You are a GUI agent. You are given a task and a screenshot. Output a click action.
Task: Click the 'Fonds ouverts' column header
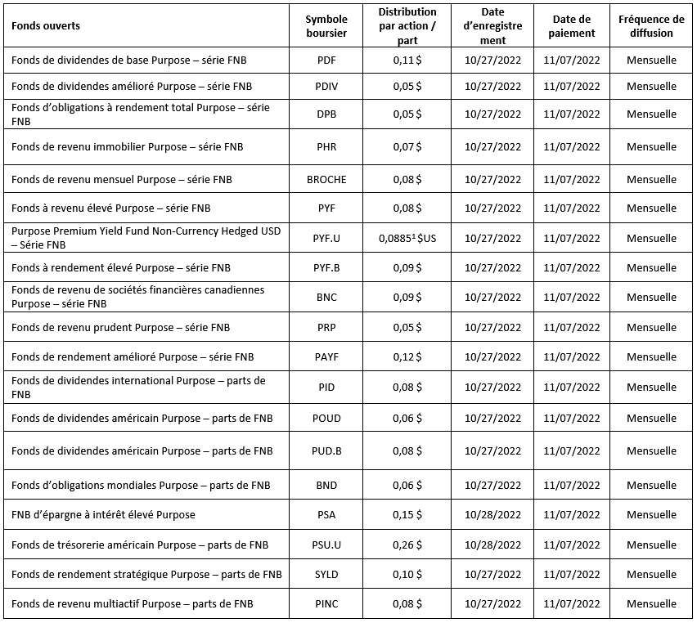pos(46,26)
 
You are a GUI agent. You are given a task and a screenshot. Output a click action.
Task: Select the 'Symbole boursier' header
pos(326,26)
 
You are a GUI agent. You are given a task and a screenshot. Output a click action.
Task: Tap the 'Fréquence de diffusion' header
pos(652,26)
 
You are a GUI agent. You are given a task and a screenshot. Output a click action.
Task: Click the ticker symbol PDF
pos(326,60)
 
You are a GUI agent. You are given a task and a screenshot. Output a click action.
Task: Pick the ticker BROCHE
pos(326,179)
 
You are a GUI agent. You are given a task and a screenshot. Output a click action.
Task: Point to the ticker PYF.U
pos(326,239)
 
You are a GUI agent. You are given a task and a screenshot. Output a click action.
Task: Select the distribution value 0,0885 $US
pos(407,239)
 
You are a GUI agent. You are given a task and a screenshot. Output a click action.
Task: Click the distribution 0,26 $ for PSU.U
pos(407,545)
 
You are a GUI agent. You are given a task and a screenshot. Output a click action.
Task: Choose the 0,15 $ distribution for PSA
pos(407,515)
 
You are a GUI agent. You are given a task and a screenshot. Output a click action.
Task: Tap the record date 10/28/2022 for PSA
pos(492,515)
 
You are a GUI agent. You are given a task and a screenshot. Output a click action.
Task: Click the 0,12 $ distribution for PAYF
pos(407,356)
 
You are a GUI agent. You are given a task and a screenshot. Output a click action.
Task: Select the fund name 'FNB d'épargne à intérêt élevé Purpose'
pos(103,515)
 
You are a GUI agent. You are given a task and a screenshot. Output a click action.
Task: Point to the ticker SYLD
pos(326,575)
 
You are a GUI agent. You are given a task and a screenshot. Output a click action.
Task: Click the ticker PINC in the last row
pos(326,604)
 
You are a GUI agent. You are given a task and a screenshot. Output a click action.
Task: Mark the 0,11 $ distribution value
pos(407,60)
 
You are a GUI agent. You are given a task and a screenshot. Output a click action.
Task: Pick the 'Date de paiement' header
pos(572,26)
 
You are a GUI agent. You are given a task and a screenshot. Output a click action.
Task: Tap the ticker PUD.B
pos(326,451)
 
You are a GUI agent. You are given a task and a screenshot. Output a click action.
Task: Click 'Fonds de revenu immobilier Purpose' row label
pos(127,147)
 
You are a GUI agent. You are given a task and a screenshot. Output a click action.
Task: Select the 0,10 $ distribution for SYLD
pos(407,575)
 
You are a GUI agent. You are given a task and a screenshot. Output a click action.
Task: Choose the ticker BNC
pos(326,298)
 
